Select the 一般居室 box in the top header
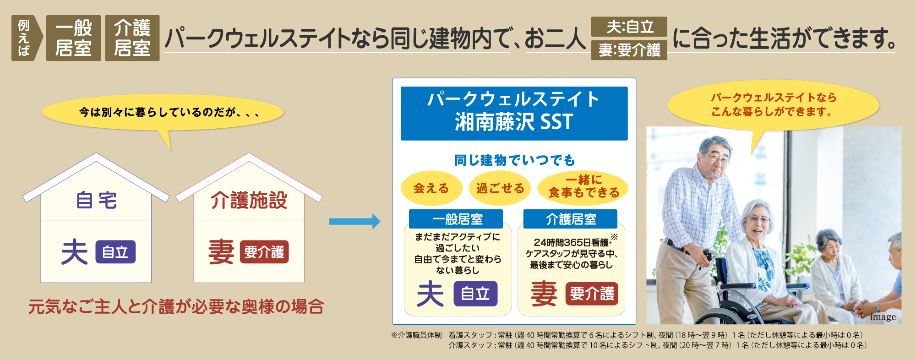73,38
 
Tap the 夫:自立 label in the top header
629,27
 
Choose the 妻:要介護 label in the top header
629,50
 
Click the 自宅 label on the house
96,201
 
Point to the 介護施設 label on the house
249,201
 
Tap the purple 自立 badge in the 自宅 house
115,252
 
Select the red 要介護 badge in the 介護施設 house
264,252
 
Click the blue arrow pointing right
354,222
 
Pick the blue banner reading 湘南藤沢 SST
514,113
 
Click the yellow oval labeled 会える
431,188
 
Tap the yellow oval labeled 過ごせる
500,188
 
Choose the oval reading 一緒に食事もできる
583,187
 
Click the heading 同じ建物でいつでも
514,160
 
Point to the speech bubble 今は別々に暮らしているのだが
163,113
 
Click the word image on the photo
883,317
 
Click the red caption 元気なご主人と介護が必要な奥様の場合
176,306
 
